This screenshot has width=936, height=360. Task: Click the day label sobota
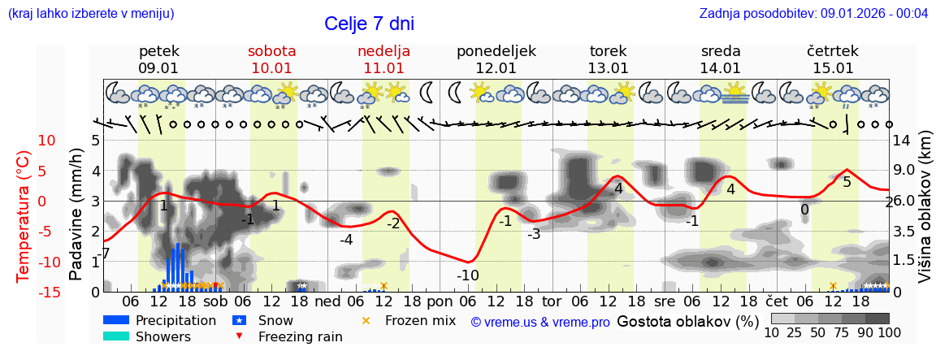[271, 51]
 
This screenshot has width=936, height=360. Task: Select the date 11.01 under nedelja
[383, 68]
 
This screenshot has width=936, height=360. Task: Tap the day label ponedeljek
[496, 51]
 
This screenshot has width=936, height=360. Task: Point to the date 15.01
[834, 68]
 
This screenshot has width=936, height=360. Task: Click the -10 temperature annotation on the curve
[468, 275]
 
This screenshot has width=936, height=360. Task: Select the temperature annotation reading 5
[847, 182]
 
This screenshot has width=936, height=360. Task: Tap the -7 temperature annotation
[102, 254]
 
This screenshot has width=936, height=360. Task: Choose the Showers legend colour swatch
[116, 336]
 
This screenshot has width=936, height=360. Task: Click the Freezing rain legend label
[300, 336]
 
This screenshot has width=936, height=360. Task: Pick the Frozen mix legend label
[420, 320]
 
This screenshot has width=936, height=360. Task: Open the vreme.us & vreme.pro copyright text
[540, 322]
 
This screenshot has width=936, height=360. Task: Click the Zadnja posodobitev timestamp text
[813, 13]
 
